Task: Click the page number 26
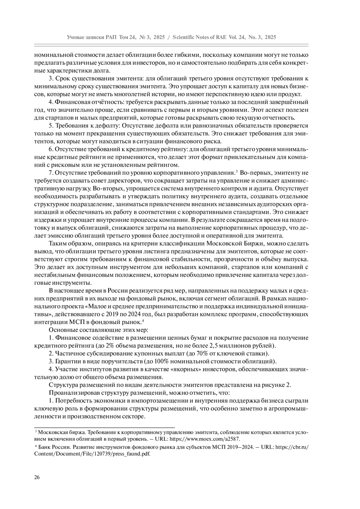point(37,477)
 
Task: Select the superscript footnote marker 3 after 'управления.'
point(237,171)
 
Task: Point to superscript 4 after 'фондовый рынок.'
point(143,321)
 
